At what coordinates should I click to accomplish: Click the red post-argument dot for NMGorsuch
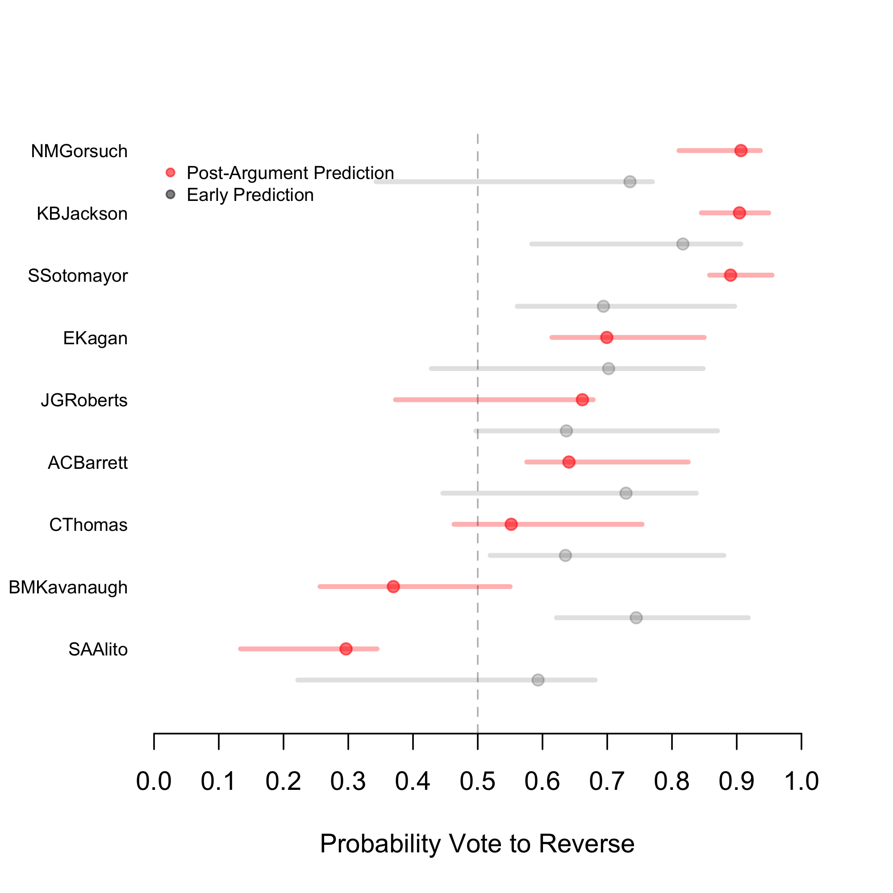click(740, 150)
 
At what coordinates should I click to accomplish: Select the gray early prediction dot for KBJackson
click(683, 244)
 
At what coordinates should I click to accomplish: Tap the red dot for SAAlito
click(346, 649)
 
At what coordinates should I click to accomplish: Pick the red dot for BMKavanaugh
click(393, 587)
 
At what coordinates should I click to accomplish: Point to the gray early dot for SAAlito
click(538, 680)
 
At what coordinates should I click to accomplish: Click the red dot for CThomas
click(511, 524)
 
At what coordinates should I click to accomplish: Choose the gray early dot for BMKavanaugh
click(636, 618)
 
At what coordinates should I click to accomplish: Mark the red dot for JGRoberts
click(582, 400)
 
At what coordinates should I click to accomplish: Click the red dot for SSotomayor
click(730, 275)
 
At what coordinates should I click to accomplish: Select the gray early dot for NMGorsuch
click(630, 182)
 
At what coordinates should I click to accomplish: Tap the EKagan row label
click(95, 338)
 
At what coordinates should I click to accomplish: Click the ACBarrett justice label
click(88, 463)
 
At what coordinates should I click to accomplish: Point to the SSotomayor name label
click(78, 276)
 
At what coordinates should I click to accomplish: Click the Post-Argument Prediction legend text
click(290, 173)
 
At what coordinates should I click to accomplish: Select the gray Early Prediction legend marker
click(171, 195)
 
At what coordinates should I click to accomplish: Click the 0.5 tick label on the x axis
click(477, 781)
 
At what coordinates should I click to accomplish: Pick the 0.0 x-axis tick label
click(154, 781)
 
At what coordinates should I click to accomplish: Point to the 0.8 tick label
click(672, 781)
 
